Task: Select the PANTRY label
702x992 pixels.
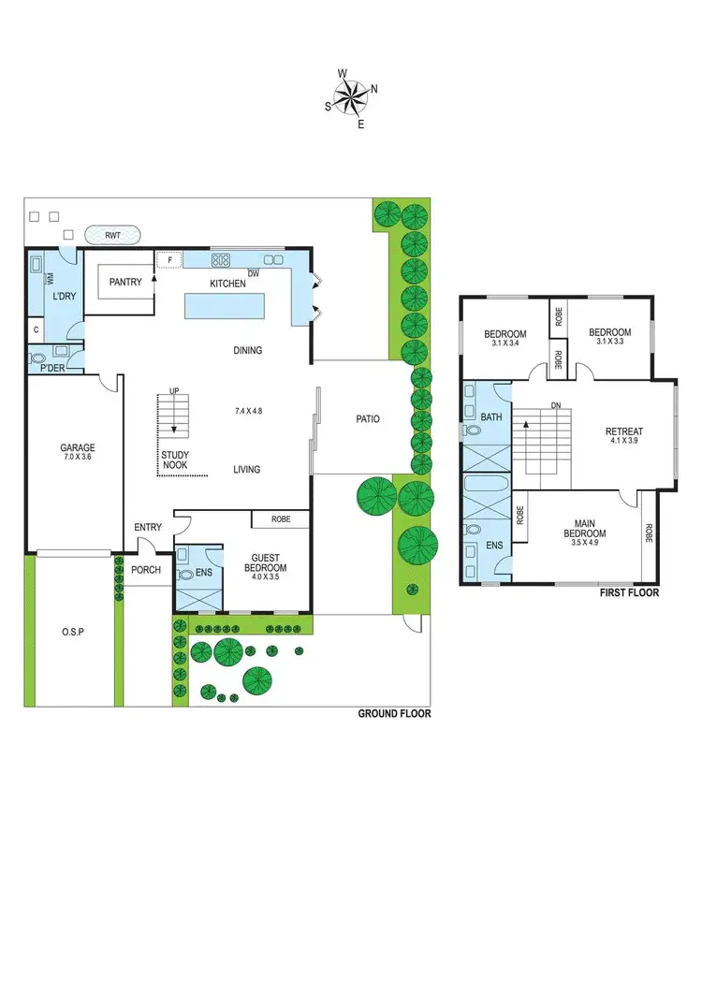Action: click(124, 281)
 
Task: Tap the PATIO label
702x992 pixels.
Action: click(368, 419)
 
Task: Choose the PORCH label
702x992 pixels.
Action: click(146, 569)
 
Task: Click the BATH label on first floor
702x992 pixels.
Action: click(491, 416)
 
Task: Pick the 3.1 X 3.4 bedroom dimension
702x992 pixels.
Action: click(505, 343)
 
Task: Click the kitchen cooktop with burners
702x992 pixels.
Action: click(221, 259)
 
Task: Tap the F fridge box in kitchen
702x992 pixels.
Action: click(170, 259)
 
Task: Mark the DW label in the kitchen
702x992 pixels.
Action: click(254, 272)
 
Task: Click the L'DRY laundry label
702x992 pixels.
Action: click(64, 296)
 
